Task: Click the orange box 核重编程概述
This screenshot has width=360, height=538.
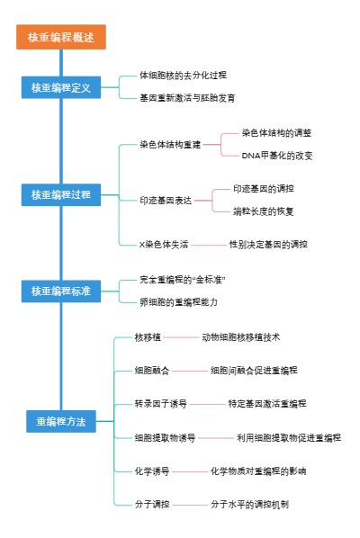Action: (x=61, y=37)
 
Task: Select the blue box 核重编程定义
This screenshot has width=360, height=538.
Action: (x=61, y=87)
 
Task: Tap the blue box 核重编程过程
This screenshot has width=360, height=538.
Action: (x=61, y=194)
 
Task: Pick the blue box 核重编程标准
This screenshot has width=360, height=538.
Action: (x=61, y=291)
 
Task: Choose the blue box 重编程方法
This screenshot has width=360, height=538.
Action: (x=61, y=421)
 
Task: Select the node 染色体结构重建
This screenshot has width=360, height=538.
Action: (x=169, y=144)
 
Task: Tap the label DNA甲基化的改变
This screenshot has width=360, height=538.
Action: (x=278, y=155)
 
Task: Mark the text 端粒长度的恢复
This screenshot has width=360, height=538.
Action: (x=264, y=211)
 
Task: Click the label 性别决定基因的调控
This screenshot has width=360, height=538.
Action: (x=268, y=244)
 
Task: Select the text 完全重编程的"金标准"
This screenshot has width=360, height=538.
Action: (x=183, y=280)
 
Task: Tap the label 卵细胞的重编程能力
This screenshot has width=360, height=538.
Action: (x=178, y=301)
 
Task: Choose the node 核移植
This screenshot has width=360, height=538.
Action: (x=147, y=337)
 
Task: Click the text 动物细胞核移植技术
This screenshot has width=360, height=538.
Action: (x=241, y=337)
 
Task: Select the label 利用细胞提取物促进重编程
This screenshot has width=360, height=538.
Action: (x=289, y=437)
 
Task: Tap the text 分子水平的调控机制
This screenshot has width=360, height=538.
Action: (x=250, y=504)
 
